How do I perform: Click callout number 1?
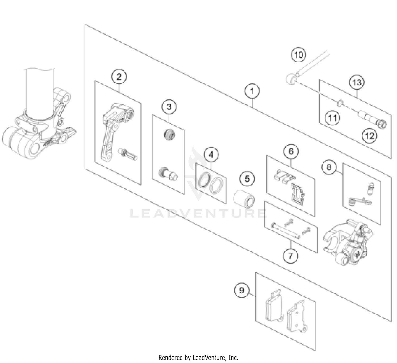pos(252,91)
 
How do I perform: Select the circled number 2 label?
pos(119,77)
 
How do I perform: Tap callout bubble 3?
pos(169,107)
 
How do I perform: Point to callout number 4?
pos(211,155)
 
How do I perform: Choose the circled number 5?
pos(247,179)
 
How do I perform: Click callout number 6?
pos(291,152)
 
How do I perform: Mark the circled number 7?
pos(290,256)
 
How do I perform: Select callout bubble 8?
pos(329,167)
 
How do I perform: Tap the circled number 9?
pos(242,290)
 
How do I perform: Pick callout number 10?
pos(298,55)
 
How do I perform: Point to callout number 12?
pos(369,136)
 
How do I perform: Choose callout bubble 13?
pos(357,82)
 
